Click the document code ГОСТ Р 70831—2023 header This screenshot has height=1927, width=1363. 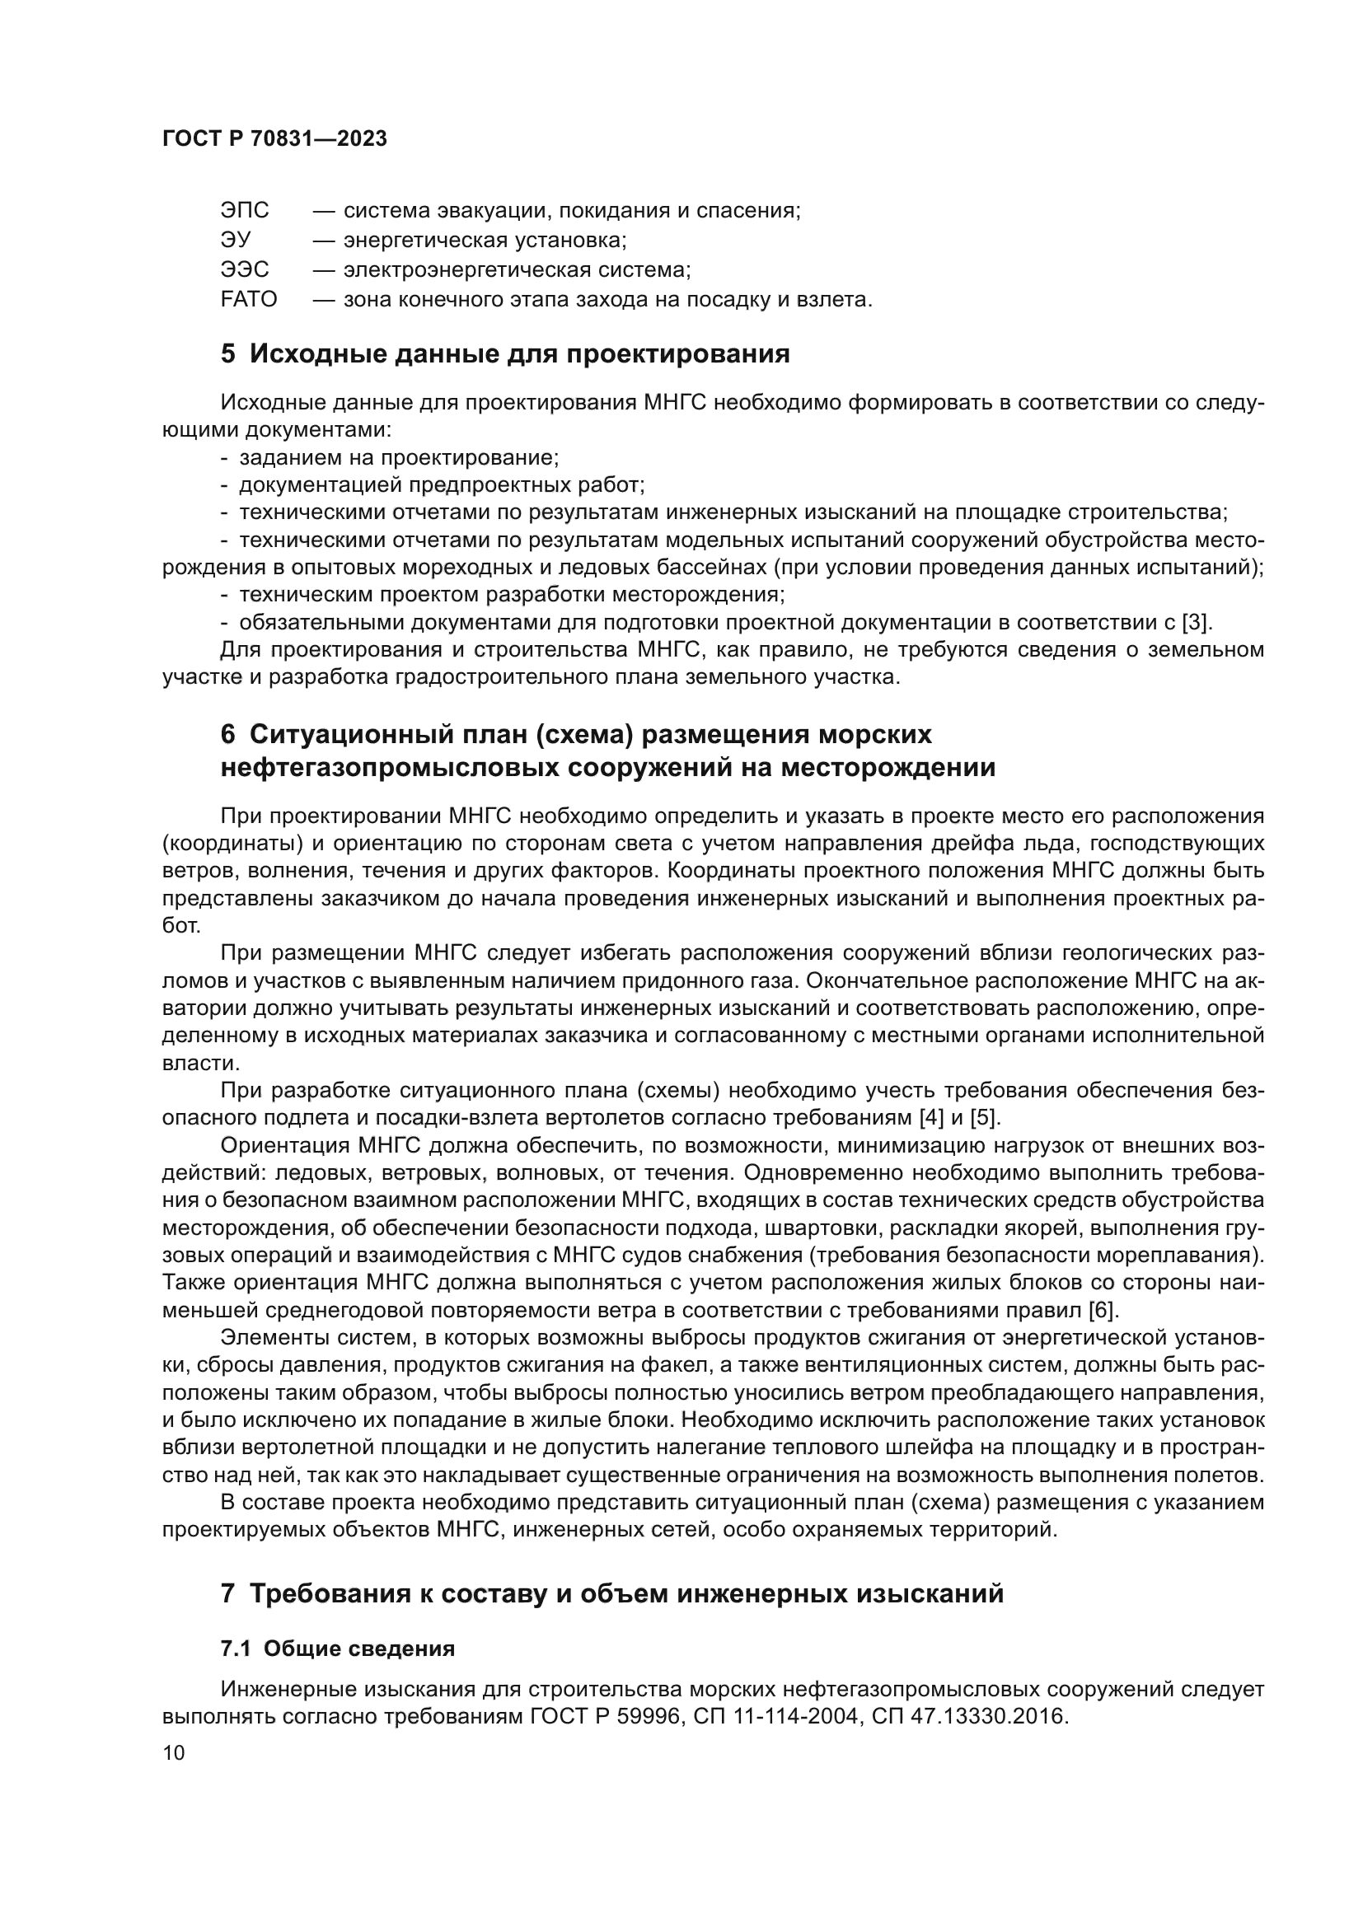pyautogui.click(x=274, y=139)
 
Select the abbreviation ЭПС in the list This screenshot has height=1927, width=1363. pyautogui.click(x=244, y=211)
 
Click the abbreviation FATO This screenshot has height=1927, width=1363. pyautogui.click(x=248, y=299)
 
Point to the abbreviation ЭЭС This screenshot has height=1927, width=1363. pyautogui.click(x=244, y=269)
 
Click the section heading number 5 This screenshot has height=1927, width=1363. pyautogui.click(x=228, y=354)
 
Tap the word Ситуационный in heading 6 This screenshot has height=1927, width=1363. pyautogui.click(x=345, y=734)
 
